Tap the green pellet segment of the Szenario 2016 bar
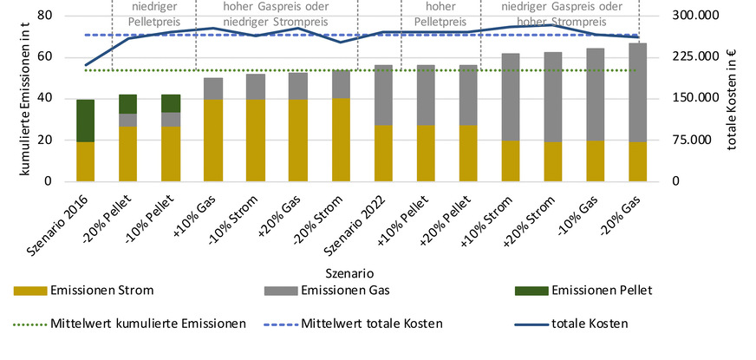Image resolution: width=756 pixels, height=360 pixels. tap(85, 121)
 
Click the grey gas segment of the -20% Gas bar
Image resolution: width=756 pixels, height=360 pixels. tap(637, 92)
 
